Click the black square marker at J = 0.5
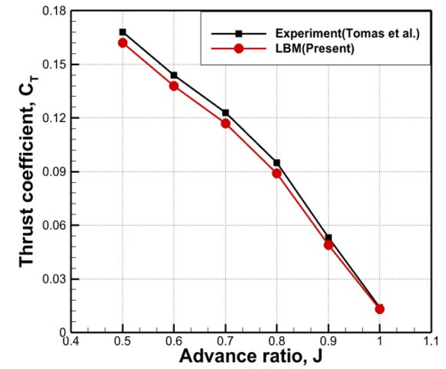123,32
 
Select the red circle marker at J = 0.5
123,43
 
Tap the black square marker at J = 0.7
226,113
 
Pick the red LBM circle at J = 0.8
277,173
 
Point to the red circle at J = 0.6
174,86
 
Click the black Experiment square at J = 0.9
329,238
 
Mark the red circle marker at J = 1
379,309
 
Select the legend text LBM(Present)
314,49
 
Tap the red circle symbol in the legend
239,49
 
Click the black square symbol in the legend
239,34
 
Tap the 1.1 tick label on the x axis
430,341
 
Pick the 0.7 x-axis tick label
226,341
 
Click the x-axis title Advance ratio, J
250,356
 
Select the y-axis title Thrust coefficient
27,171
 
